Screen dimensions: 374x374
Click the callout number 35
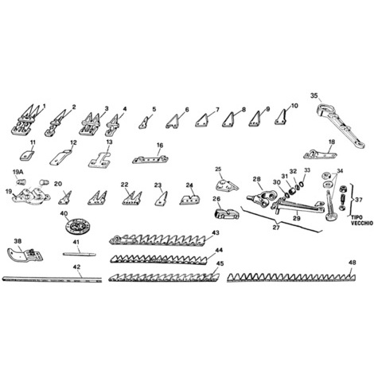[314, 95]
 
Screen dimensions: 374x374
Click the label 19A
[18, 172]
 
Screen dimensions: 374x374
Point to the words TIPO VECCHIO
[362, 220]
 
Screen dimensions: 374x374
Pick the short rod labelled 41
[80, 254]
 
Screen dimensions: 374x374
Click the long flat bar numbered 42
[52, 279]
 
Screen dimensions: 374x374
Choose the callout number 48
[353, 263]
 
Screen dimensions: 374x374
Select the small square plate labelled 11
[27, 155]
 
